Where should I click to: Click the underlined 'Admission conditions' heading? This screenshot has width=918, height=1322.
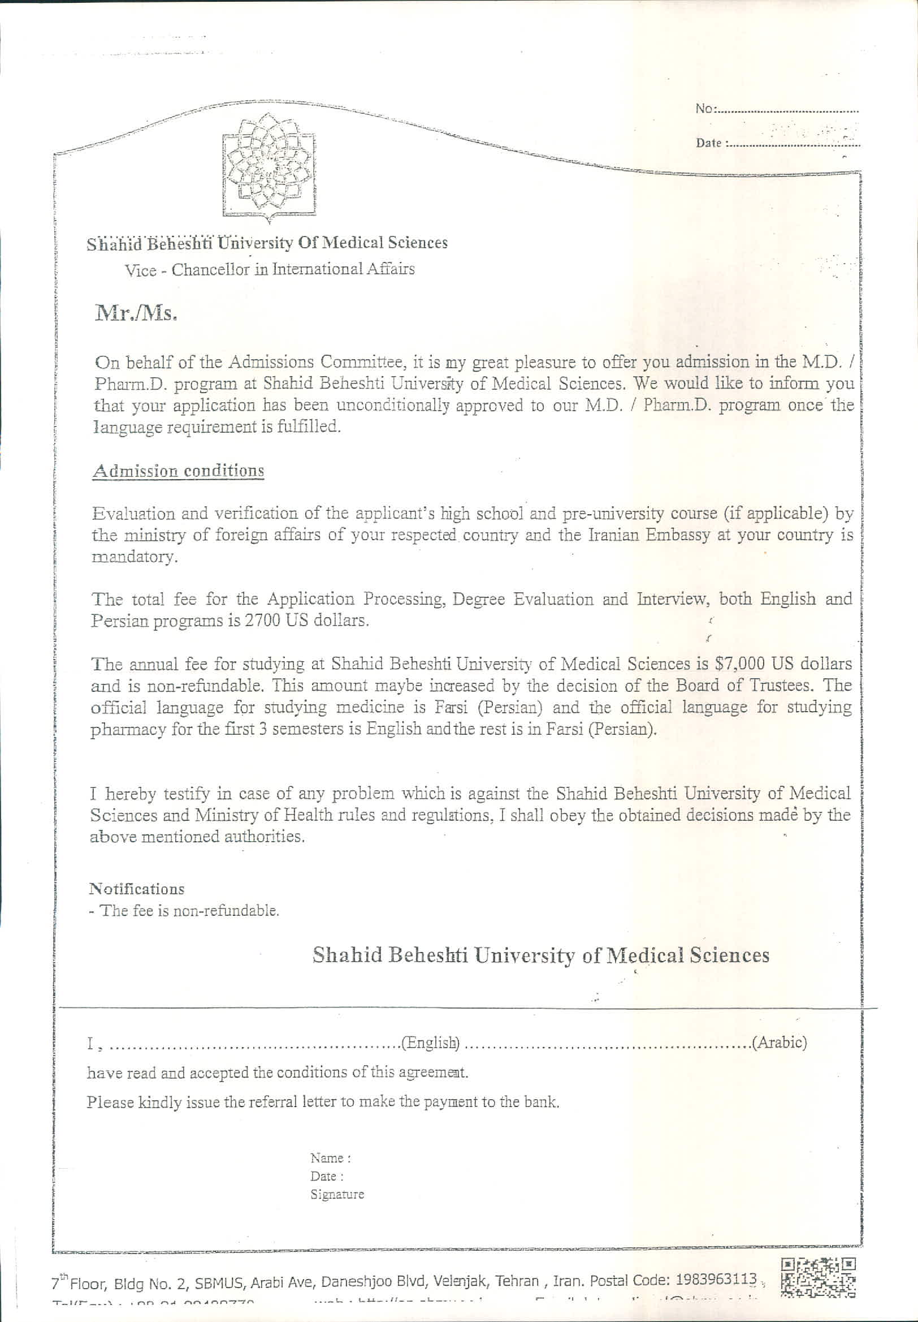pos(178,471)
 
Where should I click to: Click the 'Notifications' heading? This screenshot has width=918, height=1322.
pos(137,889)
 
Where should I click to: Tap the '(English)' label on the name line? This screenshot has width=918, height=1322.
pos(431,1043)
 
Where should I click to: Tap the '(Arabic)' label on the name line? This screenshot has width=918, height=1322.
pos(780,1043)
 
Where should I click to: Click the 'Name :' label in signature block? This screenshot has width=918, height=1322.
pos(330,1158)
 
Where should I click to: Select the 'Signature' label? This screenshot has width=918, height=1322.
pos(337,1194)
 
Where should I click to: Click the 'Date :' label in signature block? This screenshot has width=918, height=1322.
pos(327,1176)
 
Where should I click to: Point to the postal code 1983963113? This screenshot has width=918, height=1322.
pos(716,1279)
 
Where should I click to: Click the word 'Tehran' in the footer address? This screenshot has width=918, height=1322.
pos(517,1281)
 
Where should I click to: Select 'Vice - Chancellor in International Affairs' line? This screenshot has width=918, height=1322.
pos(270,269)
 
